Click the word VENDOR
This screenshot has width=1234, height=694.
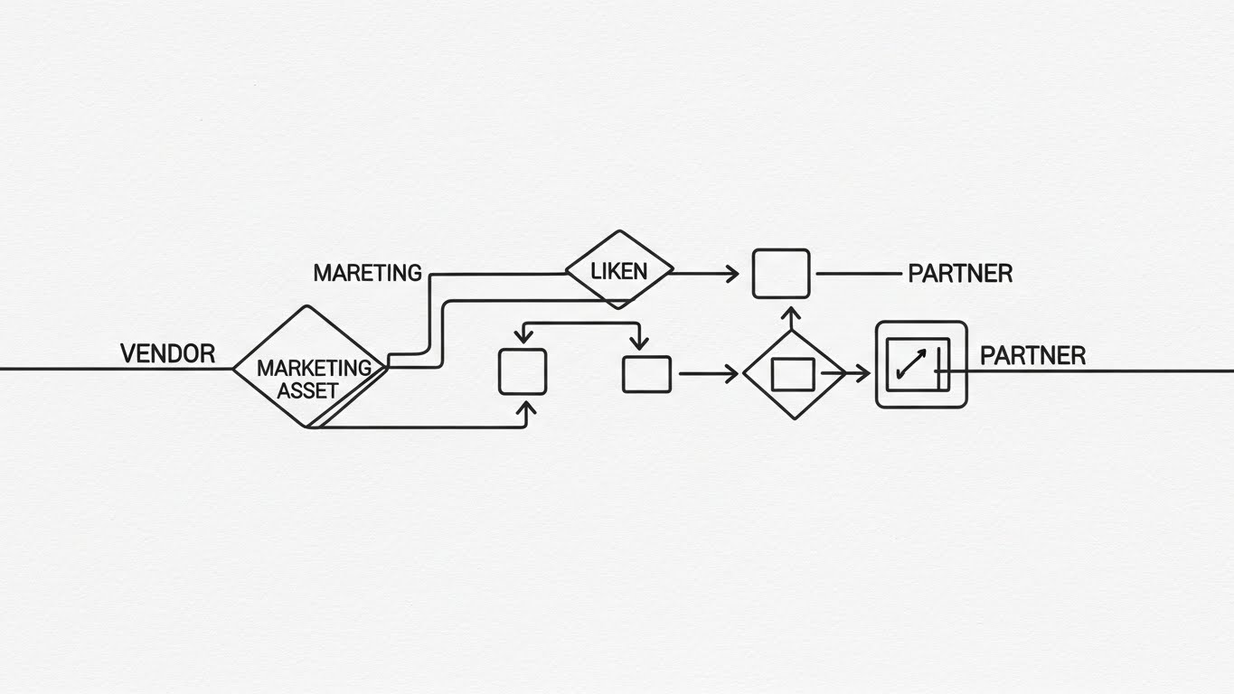coord(167,353)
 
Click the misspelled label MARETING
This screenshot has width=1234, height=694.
coord(367,272)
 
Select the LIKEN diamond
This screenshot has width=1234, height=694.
coord(619,270)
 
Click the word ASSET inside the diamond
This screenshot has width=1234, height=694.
coord(307,391)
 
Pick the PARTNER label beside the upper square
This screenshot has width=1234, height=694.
coord(959,273)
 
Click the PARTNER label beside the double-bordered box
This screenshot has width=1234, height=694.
coord(1032,355)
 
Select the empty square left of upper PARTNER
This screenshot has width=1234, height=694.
coord(781,273)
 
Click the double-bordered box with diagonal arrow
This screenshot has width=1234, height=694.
coord(920,364)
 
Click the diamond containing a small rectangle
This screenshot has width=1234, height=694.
coord(793,373)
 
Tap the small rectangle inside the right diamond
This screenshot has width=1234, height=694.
coord(793,373)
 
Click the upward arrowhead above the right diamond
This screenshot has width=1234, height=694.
coord(791,315)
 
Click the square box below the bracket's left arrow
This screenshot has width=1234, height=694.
coord(523,371)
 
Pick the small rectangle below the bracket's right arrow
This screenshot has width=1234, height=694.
coord(646,374)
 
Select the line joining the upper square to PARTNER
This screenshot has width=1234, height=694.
coord(858,273)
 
